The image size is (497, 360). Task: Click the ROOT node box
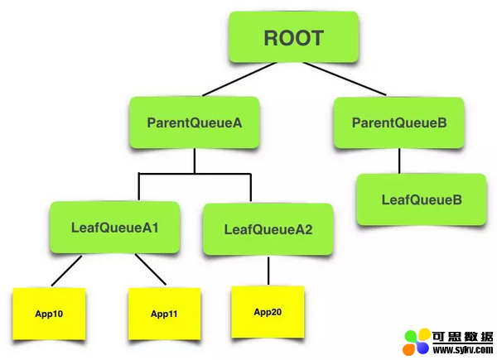pyautogui.click(x=293, y=37)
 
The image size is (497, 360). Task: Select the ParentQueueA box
pyautogui.click(x=195, y=122)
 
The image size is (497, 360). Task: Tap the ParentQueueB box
pyautogui.click(x=399, y=122)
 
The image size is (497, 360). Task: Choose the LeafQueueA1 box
pyautogui.click(x=115, y=228)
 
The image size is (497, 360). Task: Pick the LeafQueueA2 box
pyautogui.click(x=268, y=229)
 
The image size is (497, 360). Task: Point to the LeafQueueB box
pyautogui.click(x=422, y=199)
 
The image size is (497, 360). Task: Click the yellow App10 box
pyautogui.click(x=49, y=314)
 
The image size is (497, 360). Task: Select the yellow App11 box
pyautogui.click(x=164, y=314)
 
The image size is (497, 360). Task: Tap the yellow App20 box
pyautogui.click(x=268, y=312)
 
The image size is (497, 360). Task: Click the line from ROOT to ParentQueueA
pyautogui.click(x=239, y=79)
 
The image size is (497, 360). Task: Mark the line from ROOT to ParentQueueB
pyautogui.click(x=345, y=79)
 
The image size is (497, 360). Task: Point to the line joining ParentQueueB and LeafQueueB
pyautogui.click(x=399, y=161)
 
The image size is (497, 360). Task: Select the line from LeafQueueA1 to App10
pyautogui.click(x=66, y=271)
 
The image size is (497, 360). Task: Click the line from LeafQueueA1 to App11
pyautogui.click(x=151, y=269)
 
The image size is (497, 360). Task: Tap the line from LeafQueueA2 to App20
pyautogui.click(x=268, y=271)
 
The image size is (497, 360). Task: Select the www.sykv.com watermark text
pyautogui.click(x=463, y=350)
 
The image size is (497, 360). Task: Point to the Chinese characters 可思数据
pyautogui.click(x=463, y=337)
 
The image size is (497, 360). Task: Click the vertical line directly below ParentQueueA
pyautogui.click(x=195, y=161)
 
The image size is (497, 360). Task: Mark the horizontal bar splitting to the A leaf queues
pyautogui.click(x=195, y=174)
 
